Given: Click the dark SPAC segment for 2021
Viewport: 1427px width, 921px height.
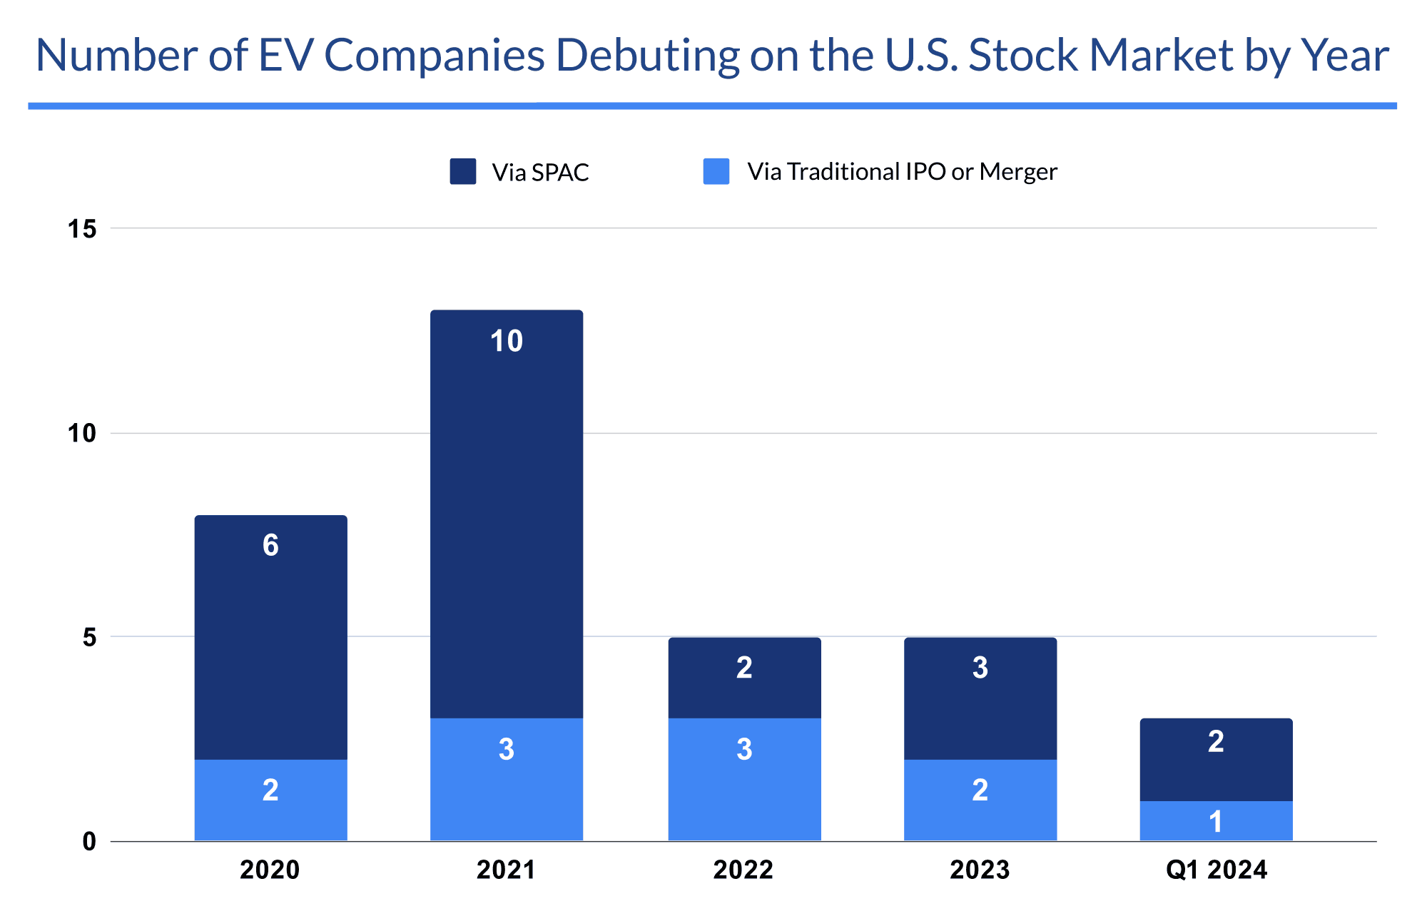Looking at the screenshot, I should [x=507, y=514].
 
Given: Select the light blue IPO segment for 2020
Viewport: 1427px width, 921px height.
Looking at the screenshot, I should [x=270, y=800].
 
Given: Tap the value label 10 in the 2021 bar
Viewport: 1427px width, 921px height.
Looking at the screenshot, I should [x=507, y=341].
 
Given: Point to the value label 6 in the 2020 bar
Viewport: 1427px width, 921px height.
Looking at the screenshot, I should [x=270, y=546].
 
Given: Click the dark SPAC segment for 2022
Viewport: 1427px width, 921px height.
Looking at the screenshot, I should [x=744, y=678].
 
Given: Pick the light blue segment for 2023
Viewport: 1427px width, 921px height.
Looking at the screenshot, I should [x=980, y=800].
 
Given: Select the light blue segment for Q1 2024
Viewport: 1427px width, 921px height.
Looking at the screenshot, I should [x=1216, y=820].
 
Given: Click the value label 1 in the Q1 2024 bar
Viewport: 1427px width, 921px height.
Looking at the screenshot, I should [x=1216, y=822].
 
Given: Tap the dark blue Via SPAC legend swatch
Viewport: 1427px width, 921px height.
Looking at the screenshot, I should [x=463, y=172].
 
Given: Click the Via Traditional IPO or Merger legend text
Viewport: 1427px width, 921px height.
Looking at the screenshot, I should [x=902, y=172].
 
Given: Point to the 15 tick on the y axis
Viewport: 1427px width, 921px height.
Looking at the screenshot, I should [x=82, y=229].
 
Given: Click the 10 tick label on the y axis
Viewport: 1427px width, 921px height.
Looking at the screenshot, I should [x=82, y=433].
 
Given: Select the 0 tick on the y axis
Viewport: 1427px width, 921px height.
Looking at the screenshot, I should [x=89, y=842].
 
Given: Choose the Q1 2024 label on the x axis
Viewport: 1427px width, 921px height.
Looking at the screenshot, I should [x=1216, y=870].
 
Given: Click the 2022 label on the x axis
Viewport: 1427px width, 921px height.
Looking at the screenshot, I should [x=743, y=870].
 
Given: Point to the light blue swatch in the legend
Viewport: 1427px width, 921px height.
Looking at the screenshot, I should [x=716, y=172].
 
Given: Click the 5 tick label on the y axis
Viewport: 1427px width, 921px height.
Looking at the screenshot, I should [x=89, y=637].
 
